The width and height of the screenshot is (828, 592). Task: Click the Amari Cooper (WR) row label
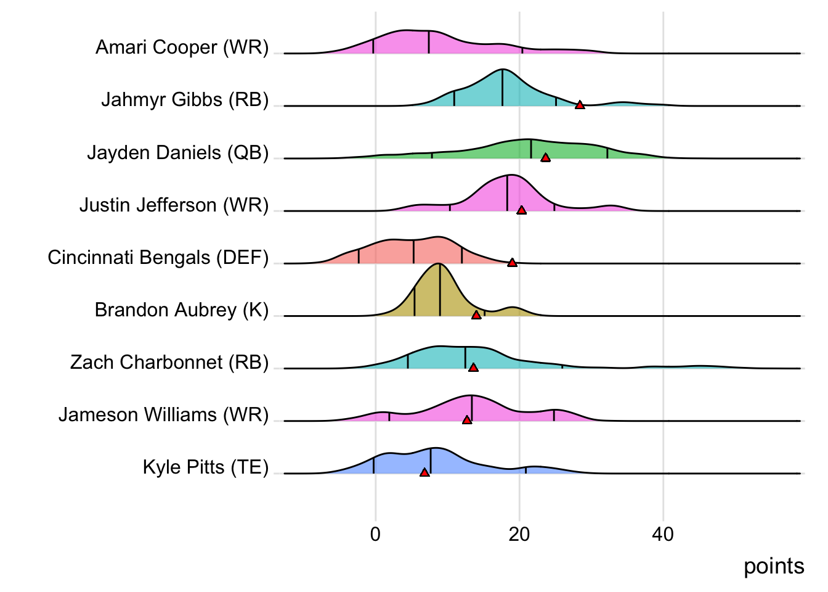tap(182, 47)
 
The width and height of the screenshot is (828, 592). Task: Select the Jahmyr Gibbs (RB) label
tap(185, 100)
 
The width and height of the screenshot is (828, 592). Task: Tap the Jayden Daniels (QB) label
tap(178, 152)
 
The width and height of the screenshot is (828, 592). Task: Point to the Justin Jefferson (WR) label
tap(174, 205)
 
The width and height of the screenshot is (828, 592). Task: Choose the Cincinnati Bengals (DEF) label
tap(158, 257)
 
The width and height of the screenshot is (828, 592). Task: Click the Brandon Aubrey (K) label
tap(182, 310)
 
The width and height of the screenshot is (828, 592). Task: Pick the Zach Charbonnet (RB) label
tap(169, 362)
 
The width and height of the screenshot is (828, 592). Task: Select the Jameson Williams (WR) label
tap(164, 414)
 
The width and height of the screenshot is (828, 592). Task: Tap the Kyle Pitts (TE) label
tap(206, 467)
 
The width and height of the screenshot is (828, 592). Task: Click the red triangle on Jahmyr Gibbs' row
tap(580, 105)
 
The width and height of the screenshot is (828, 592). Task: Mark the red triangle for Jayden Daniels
tap(545, 158)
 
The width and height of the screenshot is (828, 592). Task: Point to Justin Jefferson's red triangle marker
tap(521, 210)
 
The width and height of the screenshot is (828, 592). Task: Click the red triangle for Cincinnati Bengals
tap(512, 263)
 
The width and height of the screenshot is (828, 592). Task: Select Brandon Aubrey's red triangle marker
tap(476, 315)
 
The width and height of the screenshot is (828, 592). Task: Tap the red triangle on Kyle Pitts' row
tap(424, 472)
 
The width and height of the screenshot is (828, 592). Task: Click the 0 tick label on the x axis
tap(375, 534)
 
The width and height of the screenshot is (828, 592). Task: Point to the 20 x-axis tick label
tap(519, 534)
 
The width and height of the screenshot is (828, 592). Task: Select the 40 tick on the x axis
tap(663, 534)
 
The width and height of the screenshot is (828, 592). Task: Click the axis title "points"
tap(774, 566)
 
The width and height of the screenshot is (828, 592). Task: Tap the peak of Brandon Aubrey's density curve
tap(438, 264)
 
